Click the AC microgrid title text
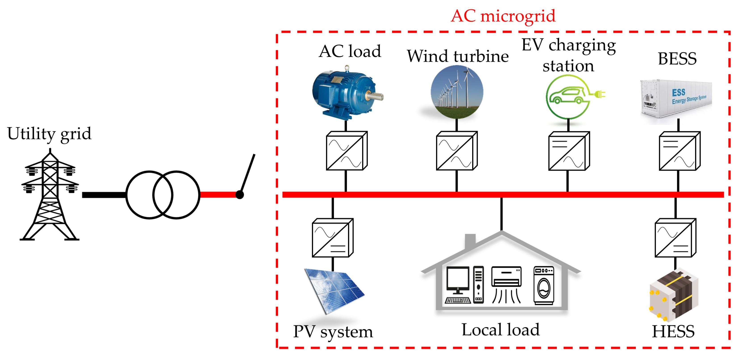pyautogui.click(x=503, y=16)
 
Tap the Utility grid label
pyautogui.click(x=49, y=134)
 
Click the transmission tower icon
pyautogui.click(x=50, y=196)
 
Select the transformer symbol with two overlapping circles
pyautogui.click(x=163, y=195)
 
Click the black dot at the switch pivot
pyautogui.click(x=240, y=195)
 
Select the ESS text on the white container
pyautogui.click(x=678, y=93)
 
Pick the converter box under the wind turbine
pyautogui.click(x=457, y=151)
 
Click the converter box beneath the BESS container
pyautogui.click(x=679, y=151)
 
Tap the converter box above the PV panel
pyautogui.click(x=332, y=238)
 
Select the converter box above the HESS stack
pyautogui.click(x=675, y=238)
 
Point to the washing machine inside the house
pyautogui.click(x=544, y=285)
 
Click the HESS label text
pyautogui.click(x=673, y=331)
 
